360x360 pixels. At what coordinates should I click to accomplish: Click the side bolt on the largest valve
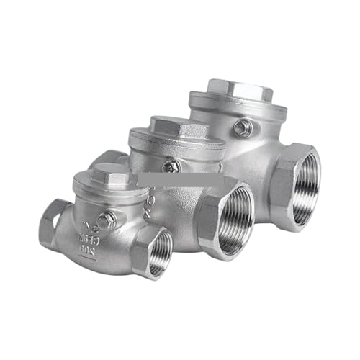242,128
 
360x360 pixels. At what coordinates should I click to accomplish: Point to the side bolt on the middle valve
171,166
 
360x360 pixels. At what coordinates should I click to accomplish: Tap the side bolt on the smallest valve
107,221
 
